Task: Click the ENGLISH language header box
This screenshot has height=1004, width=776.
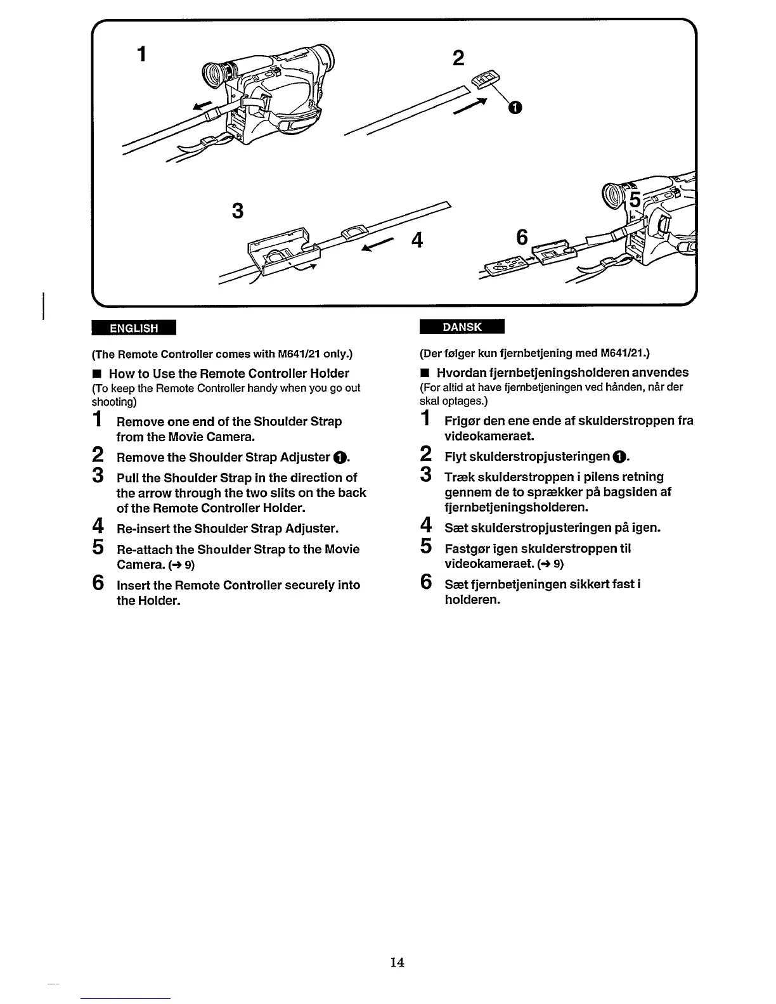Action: point(134,328)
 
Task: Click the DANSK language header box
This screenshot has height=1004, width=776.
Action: point(462,327)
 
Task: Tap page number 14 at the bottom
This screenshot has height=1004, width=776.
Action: point(398,962)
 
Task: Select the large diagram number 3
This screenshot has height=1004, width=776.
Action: point(238,210)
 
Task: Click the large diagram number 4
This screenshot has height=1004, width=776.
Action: point(417,241)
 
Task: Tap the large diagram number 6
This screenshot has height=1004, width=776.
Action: point(522,237)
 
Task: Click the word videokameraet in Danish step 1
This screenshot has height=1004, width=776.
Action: point(489,436)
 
